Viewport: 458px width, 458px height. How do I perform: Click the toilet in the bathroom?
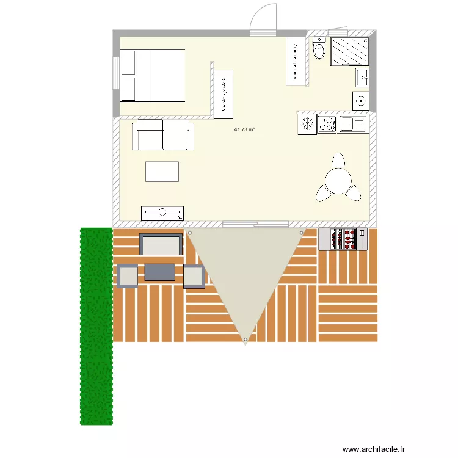tap(319, 49)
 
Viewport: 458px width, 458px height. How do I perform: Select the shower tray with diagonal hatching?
tap(350, 51)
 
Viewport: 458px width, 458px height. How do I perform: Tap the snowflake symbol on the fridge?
tap(307, 125)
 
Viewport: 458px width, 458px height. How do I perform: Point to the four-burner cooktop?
tap(327, 125)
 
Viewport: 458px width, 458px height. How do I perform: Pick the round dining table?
tap(338, 180)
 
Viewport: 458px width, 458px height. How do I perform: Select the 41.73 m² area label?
tap(244, 129)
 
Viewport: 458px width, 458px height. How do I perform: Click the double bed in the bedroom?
tap(152, 76)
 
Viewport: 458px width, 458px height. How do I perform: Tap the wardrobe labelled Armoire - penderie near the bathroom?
tap(296, 60)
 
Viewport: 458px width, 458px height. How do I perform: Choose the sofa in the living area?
tap(162, 135)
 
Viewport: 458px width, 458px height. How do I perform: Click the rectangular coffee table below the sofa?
tap(162, 171)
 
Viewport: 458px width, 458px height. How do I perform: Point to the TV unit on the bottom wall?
tap(162, 213)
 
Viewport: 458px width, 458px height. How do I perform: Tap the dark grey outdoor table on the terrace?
tap(160, 272)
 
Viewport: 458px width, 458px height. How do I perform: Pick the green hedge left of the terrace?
tap(96, 326)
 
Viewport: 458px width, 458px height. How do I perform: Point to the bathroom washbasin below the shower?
tap(362, 78)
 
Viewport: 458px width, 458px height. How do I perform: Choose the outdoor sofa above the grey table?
tap(161, 244)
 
